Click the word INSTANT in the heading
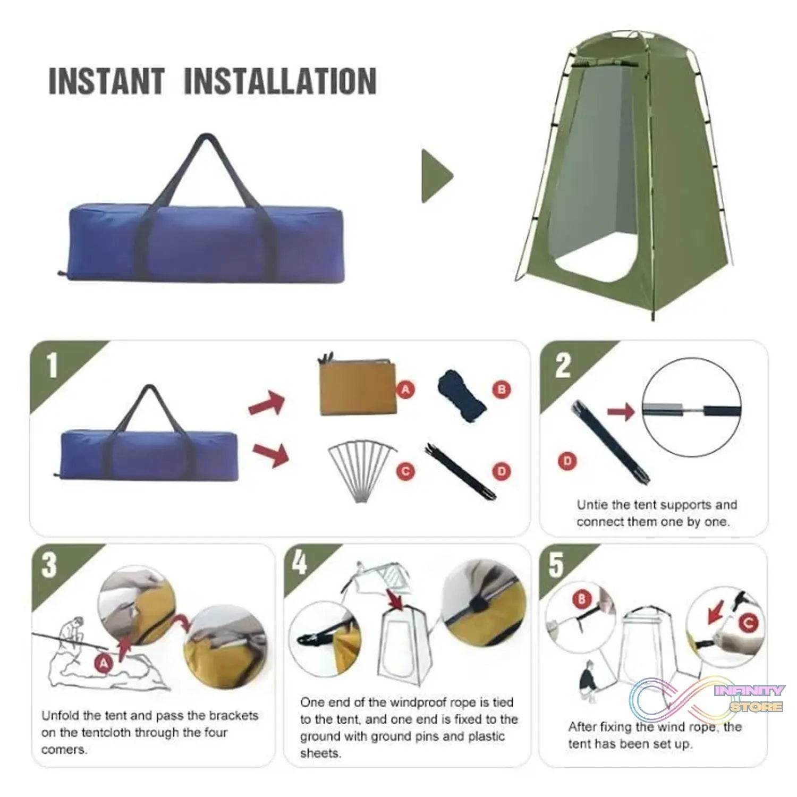(106, 81)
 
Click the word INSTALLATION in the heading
(280, 81)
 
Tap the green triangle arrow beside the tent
(436, 176)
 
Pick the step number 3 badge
(49, 565)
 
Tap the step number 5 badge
(556, 565)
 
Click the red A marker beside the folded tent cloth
(406, 389)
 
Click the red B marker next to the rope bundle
(501, 389)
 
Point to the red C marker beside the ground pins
(406, 471)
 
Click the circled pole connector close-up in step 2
(691, 408)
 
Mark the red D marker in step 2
(567, 460)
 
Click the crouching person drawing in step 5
(588, 682)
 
